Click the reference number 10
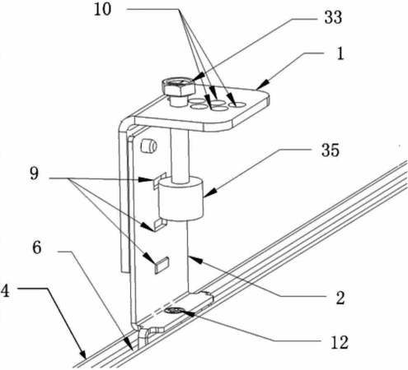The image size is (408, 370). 103,10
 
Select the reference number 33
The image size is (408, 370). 333,17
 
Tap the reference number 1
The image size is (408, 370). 340,53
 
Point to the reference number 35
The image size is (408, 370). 331,150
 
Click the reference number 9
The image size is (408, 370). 34,173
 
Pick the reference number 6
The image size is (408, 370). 37,248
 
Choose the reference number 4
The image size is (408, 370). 5,291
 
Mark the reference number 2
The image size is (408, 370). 340,298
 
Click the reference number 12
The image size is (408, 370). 340,342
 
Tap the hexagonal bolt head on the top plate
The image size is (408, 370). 178,87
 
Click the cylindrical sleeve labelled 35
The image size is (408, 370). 181,198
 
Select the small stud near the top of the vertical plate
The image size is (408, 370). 148,146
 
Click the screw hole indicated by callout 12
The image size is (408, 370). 173,311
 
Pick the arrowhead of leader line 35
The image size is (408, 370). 208,194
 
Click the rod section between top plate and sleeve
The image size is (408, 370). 180,155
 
